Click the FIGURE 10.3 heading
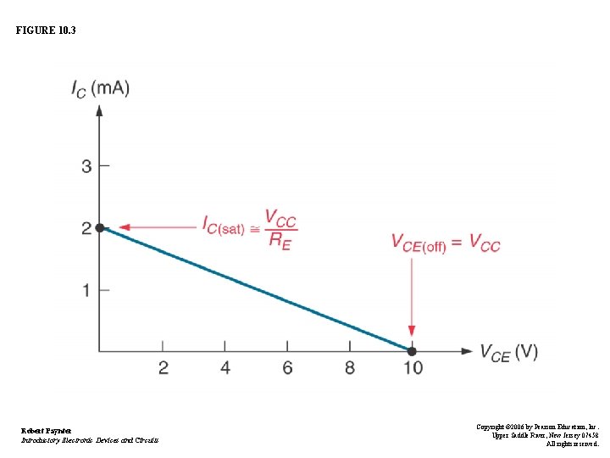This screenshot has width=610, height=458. click(x=46, y=30)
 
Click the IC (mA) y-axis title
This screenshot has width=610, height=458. click(x=100, y=88)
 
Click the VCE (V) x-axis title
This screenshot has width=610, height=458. click(x=508, y=352)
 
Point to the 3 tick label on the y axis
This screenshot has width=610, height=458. click(x=86, y=166)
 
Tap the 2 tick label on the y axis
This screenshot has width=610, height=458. click(x=86, y=228)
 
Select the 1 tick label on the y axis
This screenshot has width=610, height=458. click(x=86, y=290)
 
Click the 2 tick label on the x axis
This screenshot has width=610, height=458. click(x=163, y=368)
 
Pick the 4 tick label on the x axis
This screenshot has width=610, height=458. click(x=225, y=368)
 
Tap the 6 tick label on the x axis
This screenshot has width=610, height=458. click(x=287, y=368)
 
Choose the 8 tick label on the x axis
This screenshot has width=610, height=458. click(x=350, y=368)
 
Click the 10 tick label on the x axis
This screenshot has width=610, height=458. click(x=413, y=368)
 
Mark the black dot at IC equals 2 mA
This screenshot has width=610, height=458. click(x=100, y=228)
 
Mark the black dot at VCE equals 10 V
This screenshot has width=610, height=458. click(x=412, y=351)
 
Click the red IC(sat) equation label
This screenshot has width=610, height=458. click(x=249, y=228)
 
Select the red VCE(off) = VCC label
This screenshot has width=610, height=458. click(x=446, y=243)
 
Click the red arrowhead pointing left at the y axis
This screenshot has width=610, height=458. click(x=124, y=228)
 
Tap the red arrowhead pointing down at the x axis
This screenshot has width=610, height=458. click(x=412, y=332)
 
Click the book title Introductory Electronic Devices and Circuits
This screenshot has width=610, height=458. click(x=90, y=440)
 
